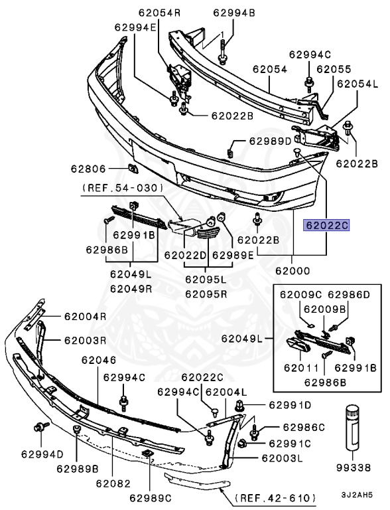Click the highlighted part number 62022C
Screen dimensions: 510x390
tap(326, 226)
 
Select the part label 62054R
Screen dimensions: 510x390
tap(160, 13)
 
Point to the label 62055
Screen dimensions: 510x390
tap(334, 68)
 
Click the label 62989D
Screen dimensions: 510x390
tap(270, 141)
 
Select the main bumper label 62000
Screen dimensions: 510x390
tap(293, 272)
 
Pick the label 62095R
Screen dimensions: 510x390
tap(206, 293)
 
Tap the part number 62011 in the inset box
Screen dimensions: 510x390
tap(299, 367)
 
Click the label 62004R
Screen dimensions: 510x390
tap(86, 317)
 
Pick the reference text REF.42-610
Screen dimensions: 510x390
tap(275, 495)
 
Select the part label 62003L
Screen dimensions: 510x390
tap(282, 458)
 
